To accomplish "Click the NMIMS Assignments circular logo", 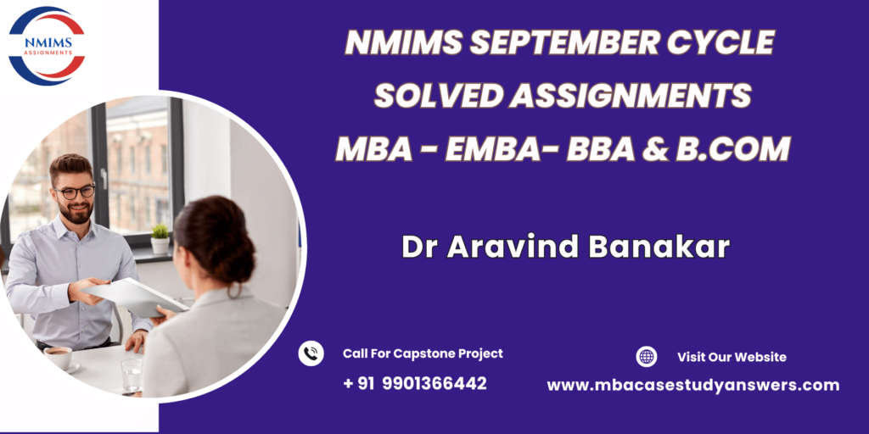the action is pyautogui.click(x=48, y=46).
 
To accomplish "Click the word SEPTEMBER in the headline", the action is pyautogui.click(x=562, y=42).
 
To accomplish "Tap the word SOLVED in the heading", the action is pyautogui.click(x=437, y=96).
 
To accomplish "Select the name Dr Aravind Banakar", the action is pyautogui.click(x=566, y=247).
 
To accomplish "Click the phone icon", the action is pyautogui.click(x=311, y=353).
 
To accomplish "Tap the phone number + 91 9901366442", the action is pyautogui.click(x=414, y=383).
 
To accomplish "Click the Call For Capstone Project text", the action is pyautogui.click(x=423, y=353).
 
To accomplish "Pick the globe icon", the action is pyautogui.click(x=646, y=357).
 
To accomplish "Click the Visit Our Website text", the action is pyautogui.click(x=732, y=357).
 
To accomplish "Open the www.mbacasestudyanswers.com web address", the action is pyautogui.click(x=693, y=386).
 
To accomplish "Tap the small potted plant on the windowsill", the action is pyautogui.click(x=160, y=238).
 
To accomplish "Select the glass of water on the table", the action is pyautogui.click(x=132, y=375).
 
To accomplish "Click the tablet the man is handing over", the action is pyautogui.click(x=134, y=298).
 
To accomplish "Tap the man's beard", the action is pyautogui.click(x=76, y=212).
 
